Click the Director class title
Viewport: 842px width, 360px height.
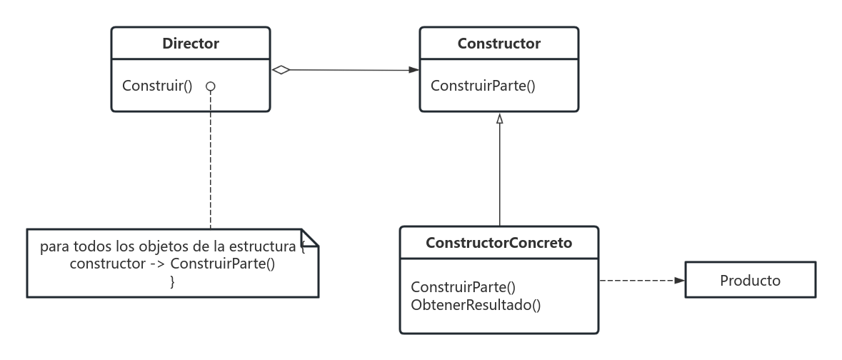(x=191, y=44)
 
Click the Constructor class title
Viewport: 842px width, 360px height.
(x=498, y=44)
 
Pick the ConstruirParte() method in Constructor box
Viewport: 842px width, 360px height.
(x=483, y=86)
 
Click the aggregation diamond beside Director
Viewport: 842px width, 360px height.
(x=281, y=69)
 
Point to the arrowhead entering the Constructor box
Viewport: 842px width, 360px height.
(x=414, y=70)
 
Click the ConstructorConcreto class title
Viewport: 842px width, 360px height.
(x=498, y=243)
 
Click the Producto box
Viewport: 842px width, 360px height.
(x=749, y=281)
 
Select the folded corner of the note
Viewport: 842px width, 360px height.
(x=310, y=237)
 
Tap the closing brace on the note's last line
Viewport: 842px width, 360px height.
(x=172, y=281)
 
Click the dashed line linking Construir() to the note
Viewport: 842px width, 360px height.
(x=211, y=164)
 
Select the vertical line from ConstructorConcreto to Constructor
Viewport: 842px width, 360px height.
(x=500, y=179)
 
